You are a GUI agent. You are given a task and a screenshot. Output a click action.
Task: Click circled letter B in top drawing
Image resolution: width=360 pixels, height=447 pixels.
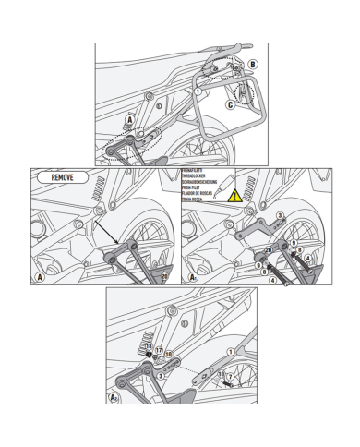point(254,65)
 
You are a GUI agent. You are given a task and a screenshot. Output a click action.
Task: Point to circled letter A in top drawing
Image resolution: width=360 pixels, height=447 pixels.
point(130,119)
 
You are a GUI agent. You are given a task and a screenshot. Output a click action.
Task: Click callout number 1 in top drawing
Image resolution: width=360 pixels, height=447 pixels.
point(197,91)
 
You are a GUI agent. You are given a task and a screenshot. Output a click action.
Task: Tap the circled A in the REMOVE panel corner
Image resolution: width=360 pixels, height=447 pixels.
point(40,275)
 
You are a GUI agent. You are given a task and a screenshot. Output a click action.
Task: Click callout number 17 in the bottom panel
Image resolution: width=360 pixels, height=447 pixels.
point(158,351)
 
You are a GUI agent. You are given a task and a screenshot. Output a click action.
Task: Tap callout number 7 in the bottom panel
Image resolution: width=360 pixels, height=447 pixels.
point(229,378)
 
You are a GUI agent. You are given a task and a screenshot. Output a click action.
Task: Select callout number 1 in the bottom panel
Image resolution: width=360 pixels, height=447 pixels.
point(220,373)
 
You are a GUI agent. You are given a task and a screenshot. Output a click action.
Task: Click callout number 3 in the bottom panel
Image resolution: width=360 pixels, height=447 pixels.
point(161,375)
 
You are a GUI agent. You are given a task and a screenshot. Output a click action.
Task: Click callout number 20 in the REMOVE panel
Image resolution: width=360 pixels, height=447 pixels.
point(163,275)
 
